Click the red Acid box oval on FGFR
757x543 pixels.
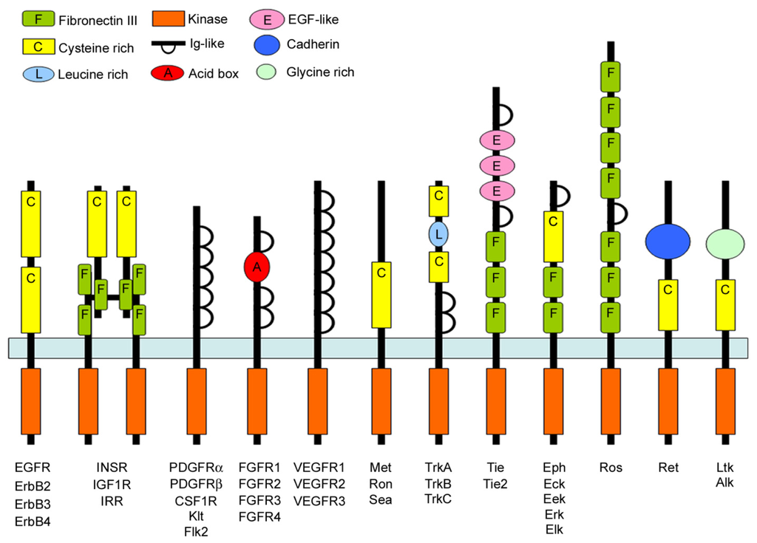click(257, 267)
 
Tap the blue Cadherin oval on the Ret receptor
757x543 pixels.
click(668, 242)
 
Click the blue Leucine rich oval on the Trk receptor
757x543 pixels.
click(438, 234)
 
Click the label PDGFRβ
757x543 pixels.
click(195, 483)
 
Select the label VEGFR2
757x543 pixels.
click(319, 483)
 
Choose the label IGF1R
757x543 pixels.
click(112, 483)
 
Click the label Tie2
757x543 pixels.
click(495, 483)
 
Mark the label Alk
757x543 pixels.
click(725, 483)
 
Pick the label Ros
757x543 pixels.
click(610, 467)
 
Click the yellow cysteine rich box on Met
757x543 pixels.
click(381, 294)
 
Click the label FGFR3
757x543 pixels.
click(257, 499)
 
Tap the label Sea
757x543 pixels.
click(381, 499)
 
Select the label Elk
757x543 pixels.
click(553, 530)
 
